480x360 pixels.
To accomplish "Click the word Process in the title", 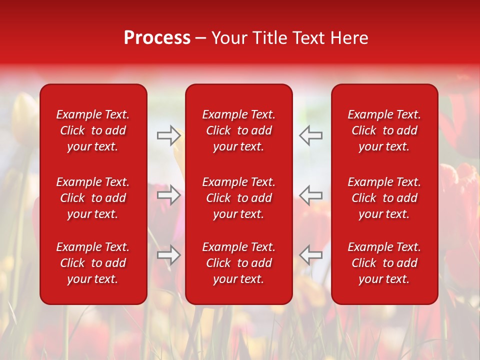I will pos(157,38).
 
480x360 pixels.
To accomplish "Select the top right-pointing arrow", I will pos(169,135).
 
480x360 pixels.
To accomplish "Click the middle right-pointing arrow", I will pos(169,194).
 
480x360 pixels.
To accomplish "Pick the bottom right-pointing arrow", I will pos(169,254).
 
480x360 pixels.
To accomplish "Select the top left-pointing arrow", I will pos(310,135).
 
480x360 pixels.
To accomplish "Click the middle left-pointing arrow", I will pos(310,194).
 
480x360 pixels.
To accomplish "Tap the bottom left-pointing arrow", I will pos(310,254).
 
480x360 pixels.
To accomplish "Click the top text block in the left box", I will pos(93,130).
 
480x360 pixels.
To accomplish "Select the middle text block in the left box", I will pos(93,198).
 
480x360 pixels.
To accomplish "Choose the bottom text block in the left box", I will pos(93,263).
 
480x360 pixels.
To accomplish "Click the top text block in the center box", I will pos(238,130).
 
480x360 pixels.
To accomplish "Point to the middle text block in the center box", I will pos(238,198).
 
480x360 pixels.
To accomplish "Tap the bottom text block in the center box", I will pos(238,263).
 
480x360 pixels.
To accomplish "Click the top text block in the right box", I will pos(384,130).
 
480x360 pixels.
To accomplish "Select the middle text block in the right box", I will pos(384,198).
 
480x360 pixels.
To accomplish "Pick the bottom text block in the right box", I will pos(384,263).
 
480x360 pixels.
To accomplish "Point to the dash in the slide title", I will pos(200,38).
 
